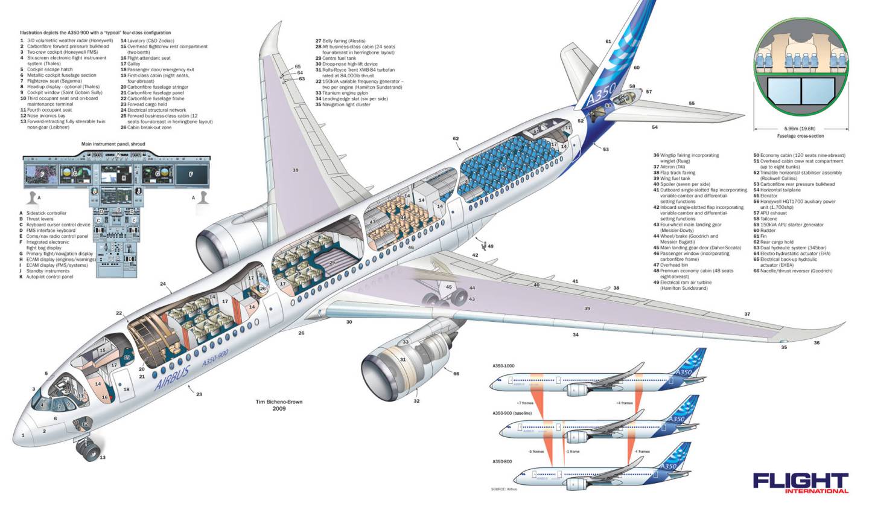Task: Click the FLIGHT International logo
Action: pos(800,482)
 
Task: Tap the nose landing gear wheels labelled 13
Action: pos(89,450)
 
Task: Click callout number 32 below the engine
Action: pos(416,400)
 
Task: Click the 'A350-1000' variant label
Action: pos(503,367)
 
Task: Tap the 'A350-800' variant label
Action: pos(503,461)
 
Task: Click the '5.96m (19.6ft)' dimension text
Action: pos(800,129)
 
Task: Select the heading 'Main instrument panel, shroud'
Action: pos(113,144)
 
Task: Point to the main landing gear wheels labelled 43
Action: pos(456,296)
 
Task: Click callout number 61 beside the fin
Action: pos(608,42)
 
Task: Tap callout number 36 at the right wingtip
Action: pos(816,343)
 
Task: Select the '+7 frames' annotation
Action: pos(523,403)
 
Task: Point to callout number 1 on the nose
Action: pos(24,435)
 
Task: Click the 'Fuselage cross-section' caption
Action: pos(799,136)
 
